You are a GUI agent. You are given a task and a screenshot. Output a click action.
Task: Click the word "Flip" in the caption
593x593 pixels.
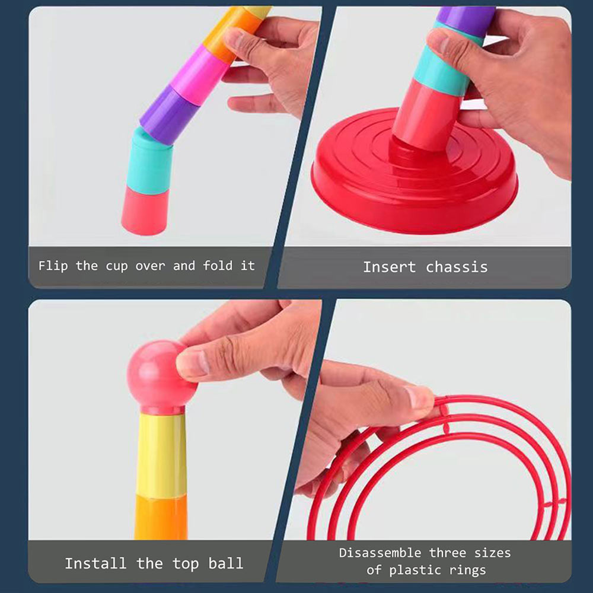coord(53,266)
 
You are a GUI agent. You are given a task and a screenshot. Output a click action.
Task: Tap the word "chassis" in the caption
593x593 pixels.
coord(457,267)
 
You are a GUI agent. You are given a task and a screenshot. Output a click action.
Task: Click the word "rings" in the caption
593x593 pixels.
coord(468,570)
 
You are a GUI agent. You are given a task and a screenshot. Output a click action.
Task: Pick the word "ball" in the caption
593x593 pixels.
coord(225,563)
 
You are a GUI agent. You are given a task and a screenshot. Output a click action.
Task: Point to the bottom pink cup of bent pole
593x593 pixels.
coord(145,211)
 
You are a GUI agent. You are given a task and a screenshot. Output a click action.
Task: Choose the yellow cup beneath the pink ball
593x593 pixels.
coord(161,454)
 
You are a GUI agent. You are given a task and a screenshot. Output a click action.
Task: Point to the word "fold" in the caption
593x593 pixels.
coord(218,266)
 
